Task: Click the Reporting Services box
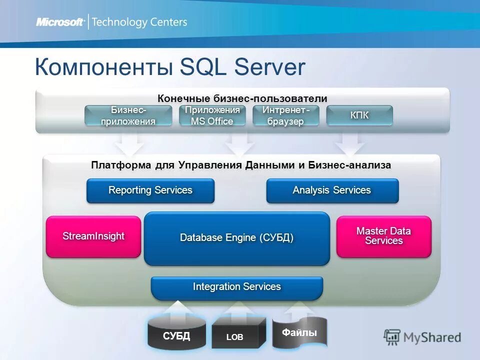click(150, 190)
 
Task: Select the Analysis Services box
click(332, 190)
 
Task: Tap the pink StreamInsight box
click(93, 236)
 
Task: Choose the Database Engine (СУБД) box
click(236, 238)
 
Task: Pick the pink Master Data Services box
click(383, 236)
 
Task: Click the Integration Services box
click(236, 287)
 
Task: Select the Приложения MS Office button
click(212, 115)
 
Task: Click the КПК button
click(359, 115)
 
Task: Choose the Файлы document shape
click(299, 332)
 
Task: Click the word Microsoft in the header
click(59, 22)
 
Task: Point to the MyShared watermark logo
click(422, 336)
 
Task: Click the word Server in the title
click(270, 67)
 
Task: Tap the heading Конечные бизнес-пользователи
click(242, 98)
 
